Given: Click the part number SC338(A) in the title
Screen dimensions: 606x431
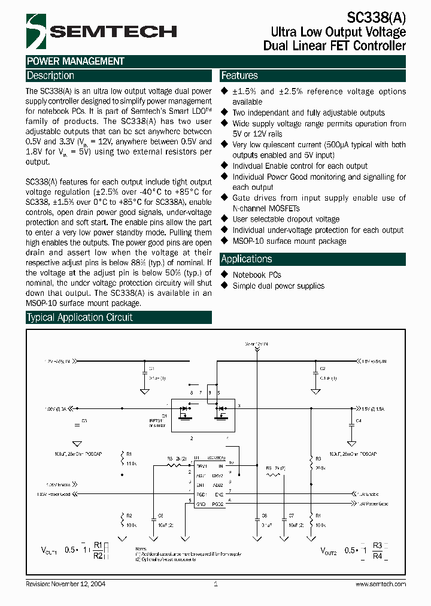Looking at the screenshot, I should click(376, 18).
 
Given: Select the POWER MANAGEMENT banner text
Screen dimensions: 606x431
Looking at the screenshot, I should click(75, 61).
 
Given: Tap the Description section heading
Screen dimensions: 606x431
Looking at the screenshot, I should click(50, 76).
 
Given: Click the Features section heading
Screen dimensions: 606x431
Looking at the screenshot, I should click(239, 76).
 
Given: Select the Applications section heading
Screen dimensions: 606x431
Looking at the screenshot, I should click(247, 259).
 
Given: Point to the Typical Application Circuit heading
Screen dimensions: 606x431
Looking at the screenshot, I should click(80, 317).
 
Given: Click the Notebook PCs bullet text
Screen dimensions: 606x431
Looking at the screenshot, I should click(257, 275).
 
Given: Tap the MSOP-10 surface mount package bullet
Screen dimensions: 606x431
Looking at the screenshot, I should click(289, 241).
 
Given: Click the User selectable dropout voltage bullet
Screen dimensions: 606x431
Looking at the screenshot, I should click(286, 219).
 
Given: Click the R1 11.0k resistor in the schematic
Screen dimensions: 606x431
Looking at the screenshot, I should click(124, 459).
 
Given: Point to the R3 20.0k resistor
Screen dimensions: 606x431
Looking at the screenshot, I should click(311, 462).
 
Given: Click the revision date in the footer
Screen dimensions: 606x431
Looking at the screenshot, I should click(66, 584).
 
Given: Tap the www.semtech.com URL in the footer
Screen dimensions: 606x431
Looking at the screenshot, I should click(381, 584).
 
